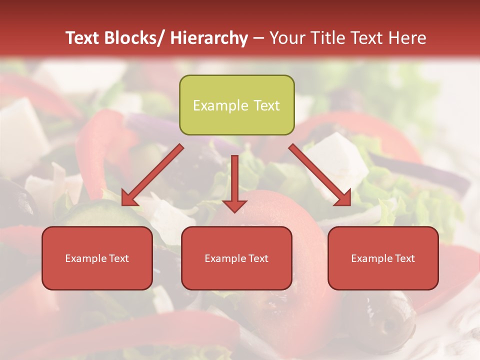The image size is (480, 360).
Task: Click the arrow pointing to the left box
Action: tap(152, 175)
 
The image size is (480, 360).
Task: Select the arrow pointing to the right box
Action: tap(320, 175)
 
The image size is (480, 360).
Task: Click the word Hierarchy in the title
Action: tap(209, 38)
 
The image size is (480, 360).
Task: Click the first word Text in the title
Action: tap(83, 38)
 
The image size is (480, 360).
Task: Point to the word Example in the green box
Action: tap(220, 105)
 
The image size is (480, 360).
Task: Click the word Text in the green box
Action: tap(266, 105)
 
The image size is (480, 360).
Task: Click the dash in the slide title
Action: tap(258, 38)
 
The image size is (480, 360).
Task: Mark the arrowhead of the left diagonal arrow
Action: tap(129, 198)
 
